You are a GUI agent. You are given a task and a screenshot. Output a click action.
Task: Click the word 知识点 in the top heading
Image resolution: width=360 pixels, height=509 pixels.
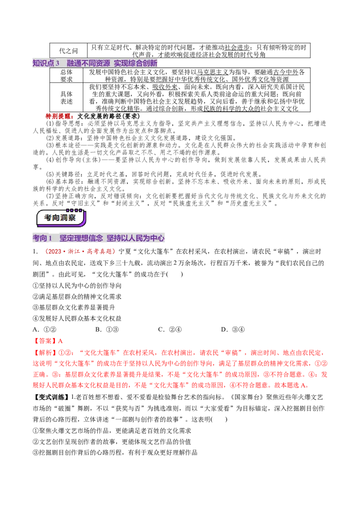point(43,63)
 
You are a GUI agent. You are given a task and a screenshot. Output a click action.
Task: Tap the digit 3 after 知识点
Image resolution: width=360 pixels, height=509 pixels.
point(58,63)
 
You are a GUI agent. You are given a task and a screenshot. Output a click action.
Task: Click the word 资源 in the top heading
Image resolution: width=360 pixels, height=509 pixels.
point(103,63)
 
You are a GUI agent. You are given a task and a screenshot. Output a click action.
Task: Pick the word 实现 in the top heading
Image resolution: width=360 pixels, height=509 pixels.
point(121,63)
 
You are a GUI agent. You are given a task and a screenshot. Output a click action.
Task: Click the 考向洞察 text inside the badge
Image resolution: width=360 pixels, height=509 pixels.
point(60,218)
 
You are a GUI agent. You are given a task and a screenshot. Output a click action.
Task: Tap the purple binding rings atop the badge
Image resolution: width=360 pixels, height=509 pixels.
point(74,210)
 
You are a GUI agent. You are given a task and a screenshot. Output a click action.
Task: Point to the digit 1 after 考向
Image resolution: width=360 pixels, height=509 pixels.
point(51,238)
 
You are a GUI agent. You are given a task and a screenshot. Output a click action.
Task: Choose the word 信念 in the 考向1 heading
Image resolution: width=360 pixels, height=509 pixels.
point(96,238)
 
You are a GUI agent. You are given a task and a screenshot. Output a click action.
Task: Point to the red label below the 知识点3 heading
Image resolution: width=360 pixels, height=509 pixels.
point(59,116)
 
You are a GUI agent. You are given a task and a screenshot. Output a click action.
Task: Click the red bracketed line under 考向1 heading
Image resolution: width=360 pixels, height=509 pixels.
point(81,252)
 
